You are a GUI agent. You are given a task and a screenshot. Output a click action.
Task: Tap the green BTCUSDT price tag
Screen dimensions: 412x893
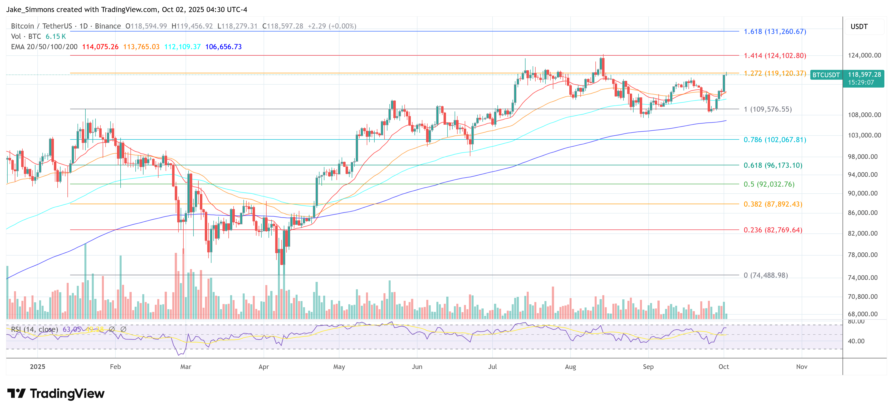click(826, 75)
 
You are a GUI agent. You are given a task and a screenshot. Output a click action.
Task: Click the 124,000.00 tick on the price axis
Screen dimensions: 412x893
click(864, 55)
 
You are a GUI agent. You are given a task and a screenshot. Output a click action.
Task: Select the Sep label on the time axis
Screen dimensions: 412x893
click(648, 366)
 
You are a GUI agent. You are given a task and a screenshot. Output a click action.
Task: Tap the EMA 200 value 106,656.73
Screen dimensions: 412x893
click(223, 47)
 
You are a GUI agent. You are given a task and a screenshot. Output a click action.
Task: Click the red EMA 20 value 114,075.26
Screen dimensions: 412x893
click(100, 47)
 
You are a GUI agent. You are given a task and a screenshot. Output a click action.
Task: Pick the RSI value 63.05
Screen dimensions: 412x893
click(71, 329)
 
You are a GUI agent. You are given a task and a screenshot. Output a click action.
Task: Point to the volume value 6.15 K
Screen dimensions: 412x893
click(55, 36)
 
